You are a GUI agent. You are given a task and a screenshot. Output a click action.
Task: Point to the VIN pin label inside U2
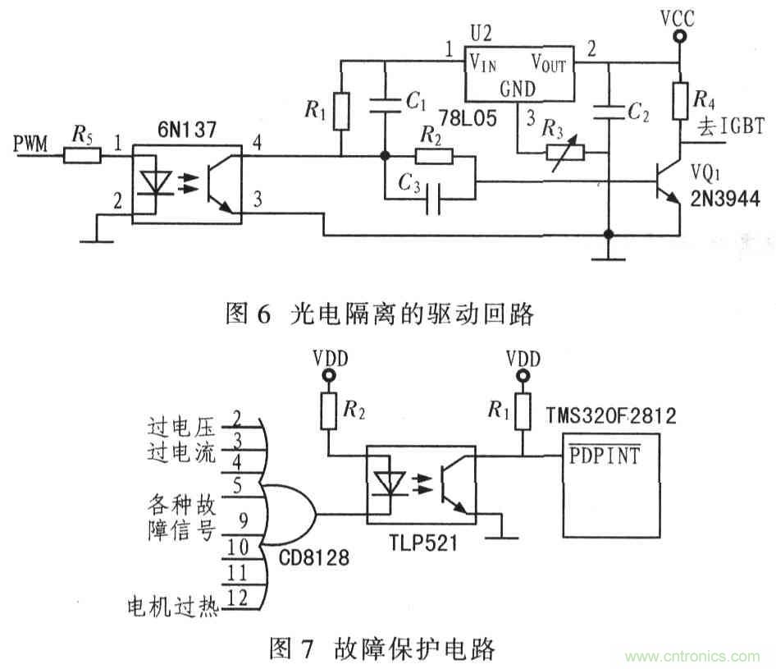click(482, 61)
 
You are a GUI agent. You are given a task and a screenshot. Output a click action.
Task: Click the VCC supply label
click(678, 16)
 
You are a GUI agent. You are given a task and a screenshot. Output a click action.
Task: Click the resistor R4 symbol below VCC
click(679, 101)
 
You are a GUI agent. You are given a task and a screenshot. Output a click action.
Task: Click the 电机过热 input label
click(171, 607)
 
